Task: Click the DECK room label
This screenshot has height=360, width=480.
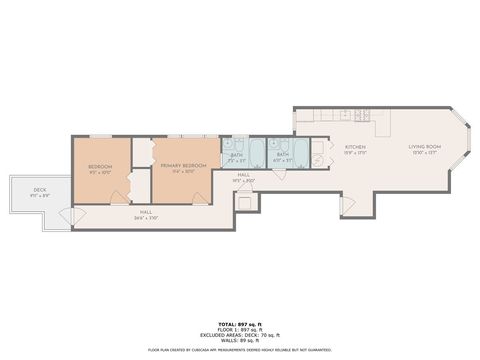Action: click(x=40, y=190)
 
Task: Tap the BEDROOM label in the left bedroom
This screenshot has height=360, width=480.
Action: click(x=100, y=166)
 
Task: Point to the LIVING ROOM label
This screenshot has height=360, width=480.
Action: click(x=424, y=148)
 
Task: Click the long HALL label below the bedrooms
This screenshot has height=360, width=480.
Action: click(x=146, y=213)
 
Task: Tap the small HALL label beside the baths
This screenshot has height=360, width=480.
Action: click(x=243, y=177)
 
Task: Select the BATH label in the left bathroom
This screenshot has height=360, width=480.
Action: click(x=237, y=155)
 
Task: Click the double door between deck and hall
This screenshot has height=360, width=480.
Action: click(x=67, y=214)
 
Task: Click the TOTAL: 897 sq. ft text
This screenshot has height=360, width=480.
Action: click(x=240, y=325)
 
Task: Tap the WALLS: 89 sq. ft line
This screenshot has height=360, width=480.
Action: click(x=240, y=341)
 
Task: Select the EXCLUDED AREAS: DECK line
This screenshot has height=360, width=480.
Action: click(x=240, y=336)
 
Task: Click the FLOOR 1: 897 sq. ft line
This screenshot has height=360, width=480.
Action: click(x=240, y=331)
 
